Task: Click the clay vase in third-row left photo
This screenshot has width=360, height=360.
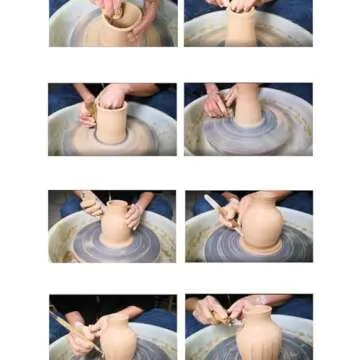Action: [x=116, y=224]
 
